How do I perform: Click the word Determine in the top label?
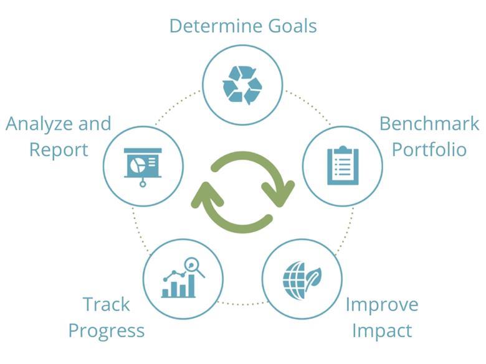(208, 26)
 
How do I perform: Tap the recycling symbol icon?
(242, 84)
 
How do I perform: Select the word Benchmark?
(429, 123)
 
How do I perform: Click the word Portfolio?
(429, 149)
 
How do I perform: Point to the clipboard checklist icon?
(343, 166)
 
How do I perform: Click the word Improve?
(382, 305)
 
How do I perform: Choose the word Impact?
(382, 330)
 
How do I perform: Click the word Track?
(107, 304)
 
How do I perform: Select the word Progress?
(107, 330)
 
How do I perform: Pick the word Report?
(59, 149)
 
